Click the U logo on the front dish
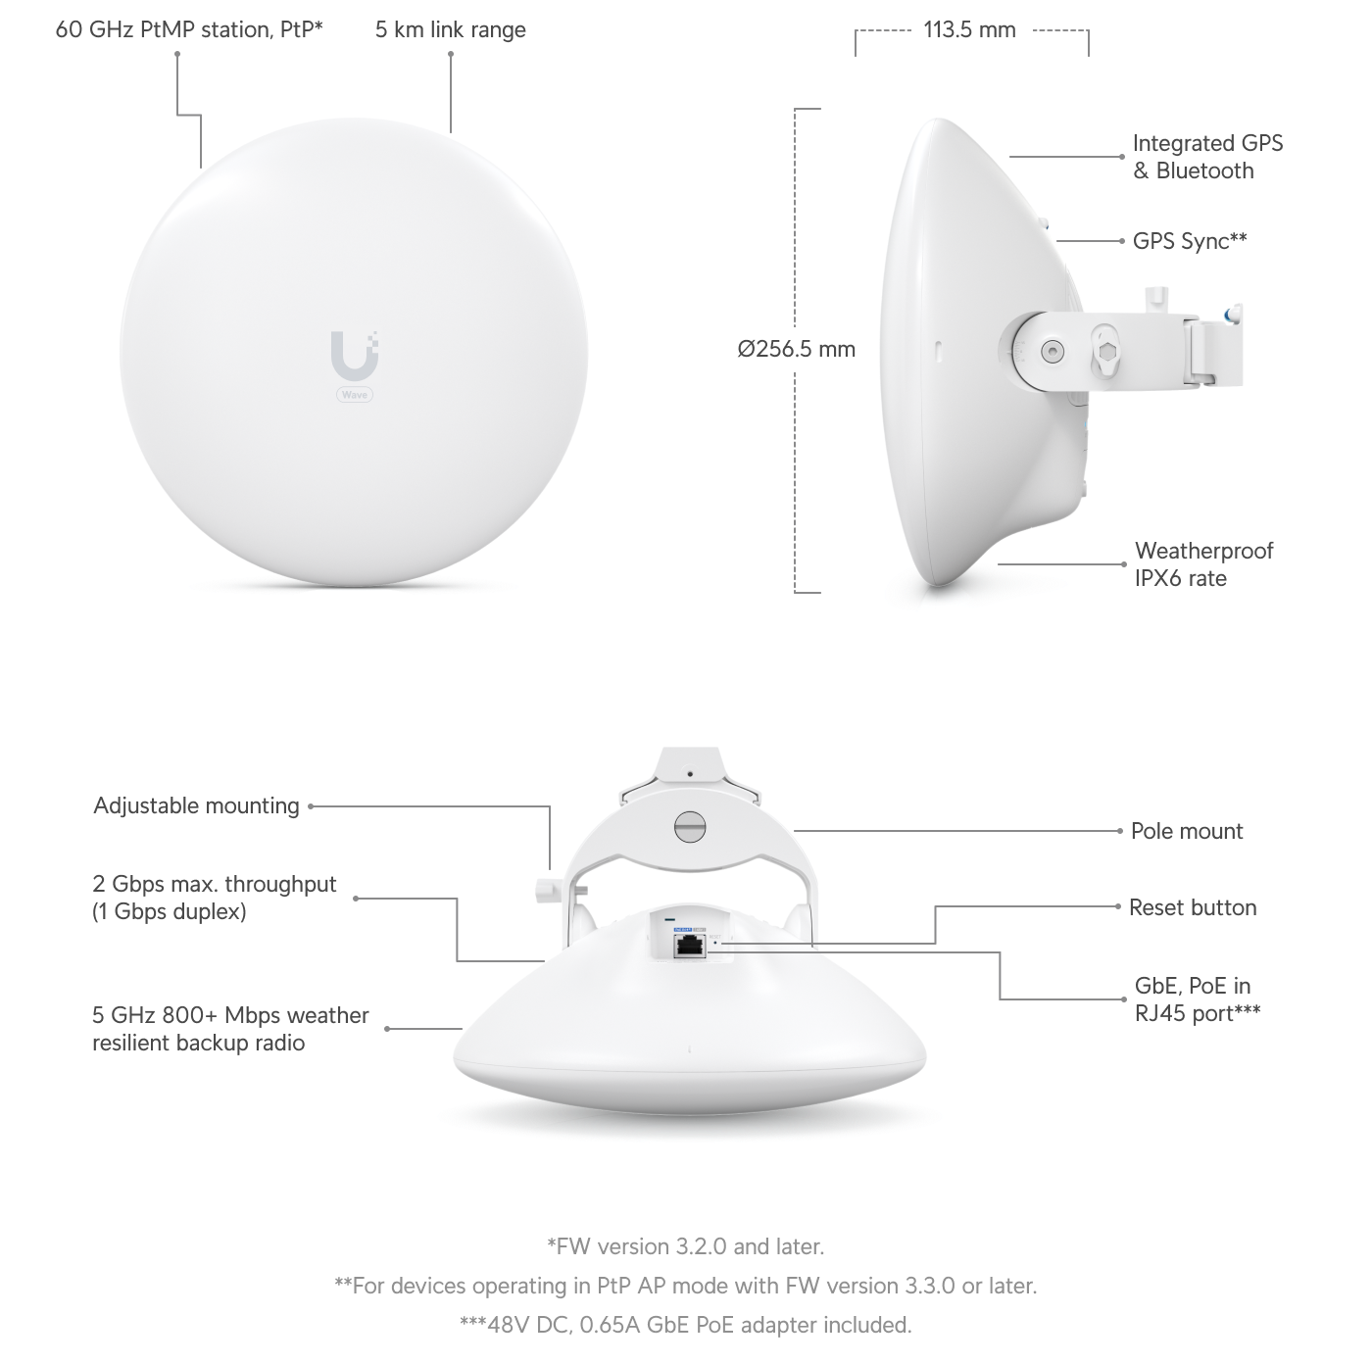(354, 356)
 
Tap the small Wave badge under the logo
(354, 394)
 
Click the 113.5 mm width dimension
(969, 30)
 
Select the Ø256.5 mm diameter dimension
(796, 349)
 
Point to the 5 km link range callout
(451, 30)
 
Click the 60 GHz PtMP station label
(189, 30)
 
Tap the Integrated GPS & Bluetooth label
(1207, 158)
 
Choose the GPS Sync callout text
(1190, 241)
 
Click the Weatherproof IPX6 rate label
(1204, 564)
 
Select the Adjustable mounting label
(197, 805)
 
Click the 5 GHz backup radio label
(230, 1029)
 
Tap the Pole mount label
(1187, 831)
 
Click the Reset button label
(1193, 907)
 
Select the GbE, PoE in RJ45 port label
(1198, 999)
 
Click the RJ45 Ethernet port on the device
(689, 947)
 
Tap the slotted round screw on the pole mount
(689, 826)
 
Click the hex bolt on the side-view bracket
(1105, 351)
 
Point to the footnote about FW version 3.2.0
(686, 1246)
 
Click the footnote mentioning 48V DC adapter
(686, 1325)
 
